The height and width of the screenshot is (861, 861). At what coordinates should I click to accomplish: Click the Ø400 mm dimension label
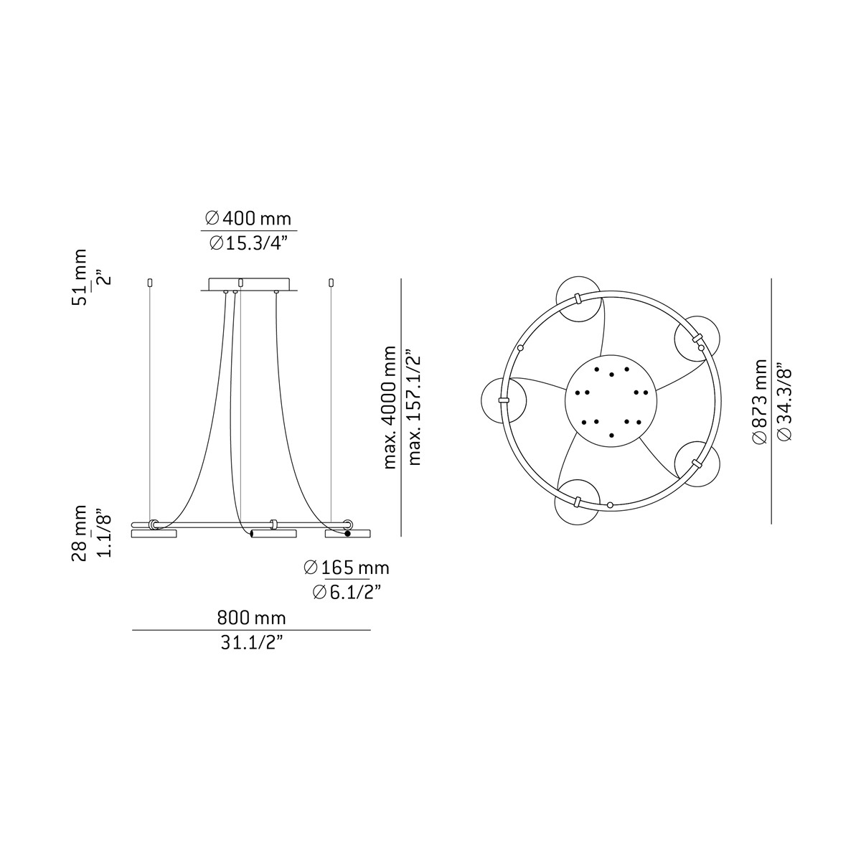(248, 217)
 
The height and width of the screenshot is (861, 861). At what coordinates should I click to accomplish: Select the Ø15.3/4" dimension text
(248, 243)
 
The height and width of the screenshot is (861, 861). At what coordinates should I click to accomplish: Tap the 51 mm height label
(80, 277)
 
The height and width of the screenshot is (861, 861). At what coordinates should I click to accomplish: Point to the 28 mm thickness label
(80, 532)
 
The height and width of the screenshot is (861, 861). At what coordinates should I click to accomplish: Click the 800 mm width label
(251, 618)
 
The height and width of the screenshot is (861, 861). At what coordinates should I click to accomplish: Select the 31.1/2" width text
(251, 643)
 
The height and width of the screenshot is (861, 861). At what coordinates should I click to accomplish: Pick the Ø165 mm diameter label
(346, 568)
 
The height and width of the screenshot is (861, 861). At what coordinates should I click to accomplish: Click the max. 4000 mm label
(390, 407)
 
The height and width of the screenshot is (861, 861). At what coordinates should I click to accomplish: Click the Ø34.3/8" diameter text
(784, 402)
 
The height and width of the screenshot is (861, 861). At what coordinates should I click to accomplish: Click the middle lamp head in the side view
(273, 534)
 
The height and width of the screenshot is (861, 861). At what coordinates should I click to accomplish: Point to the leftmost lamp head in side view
(154, 534)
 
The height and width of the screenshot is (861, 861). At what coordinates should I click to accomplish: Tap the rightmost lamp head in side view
(348, 534)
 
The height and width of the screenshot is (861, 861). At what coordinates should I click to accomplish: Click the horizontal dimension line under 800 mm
(251, 630)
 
